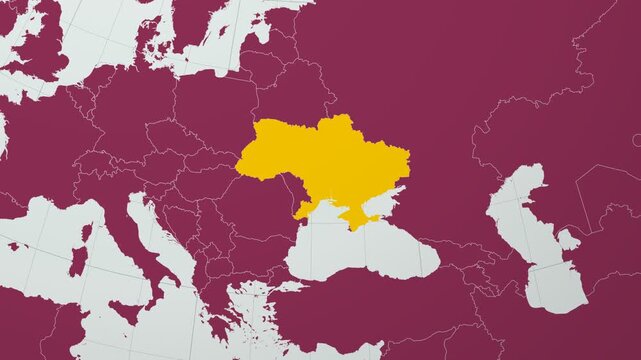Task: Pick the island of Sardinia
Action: (78, 262)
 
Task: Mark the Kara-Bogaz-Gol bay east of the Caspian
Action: (568, 239)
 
